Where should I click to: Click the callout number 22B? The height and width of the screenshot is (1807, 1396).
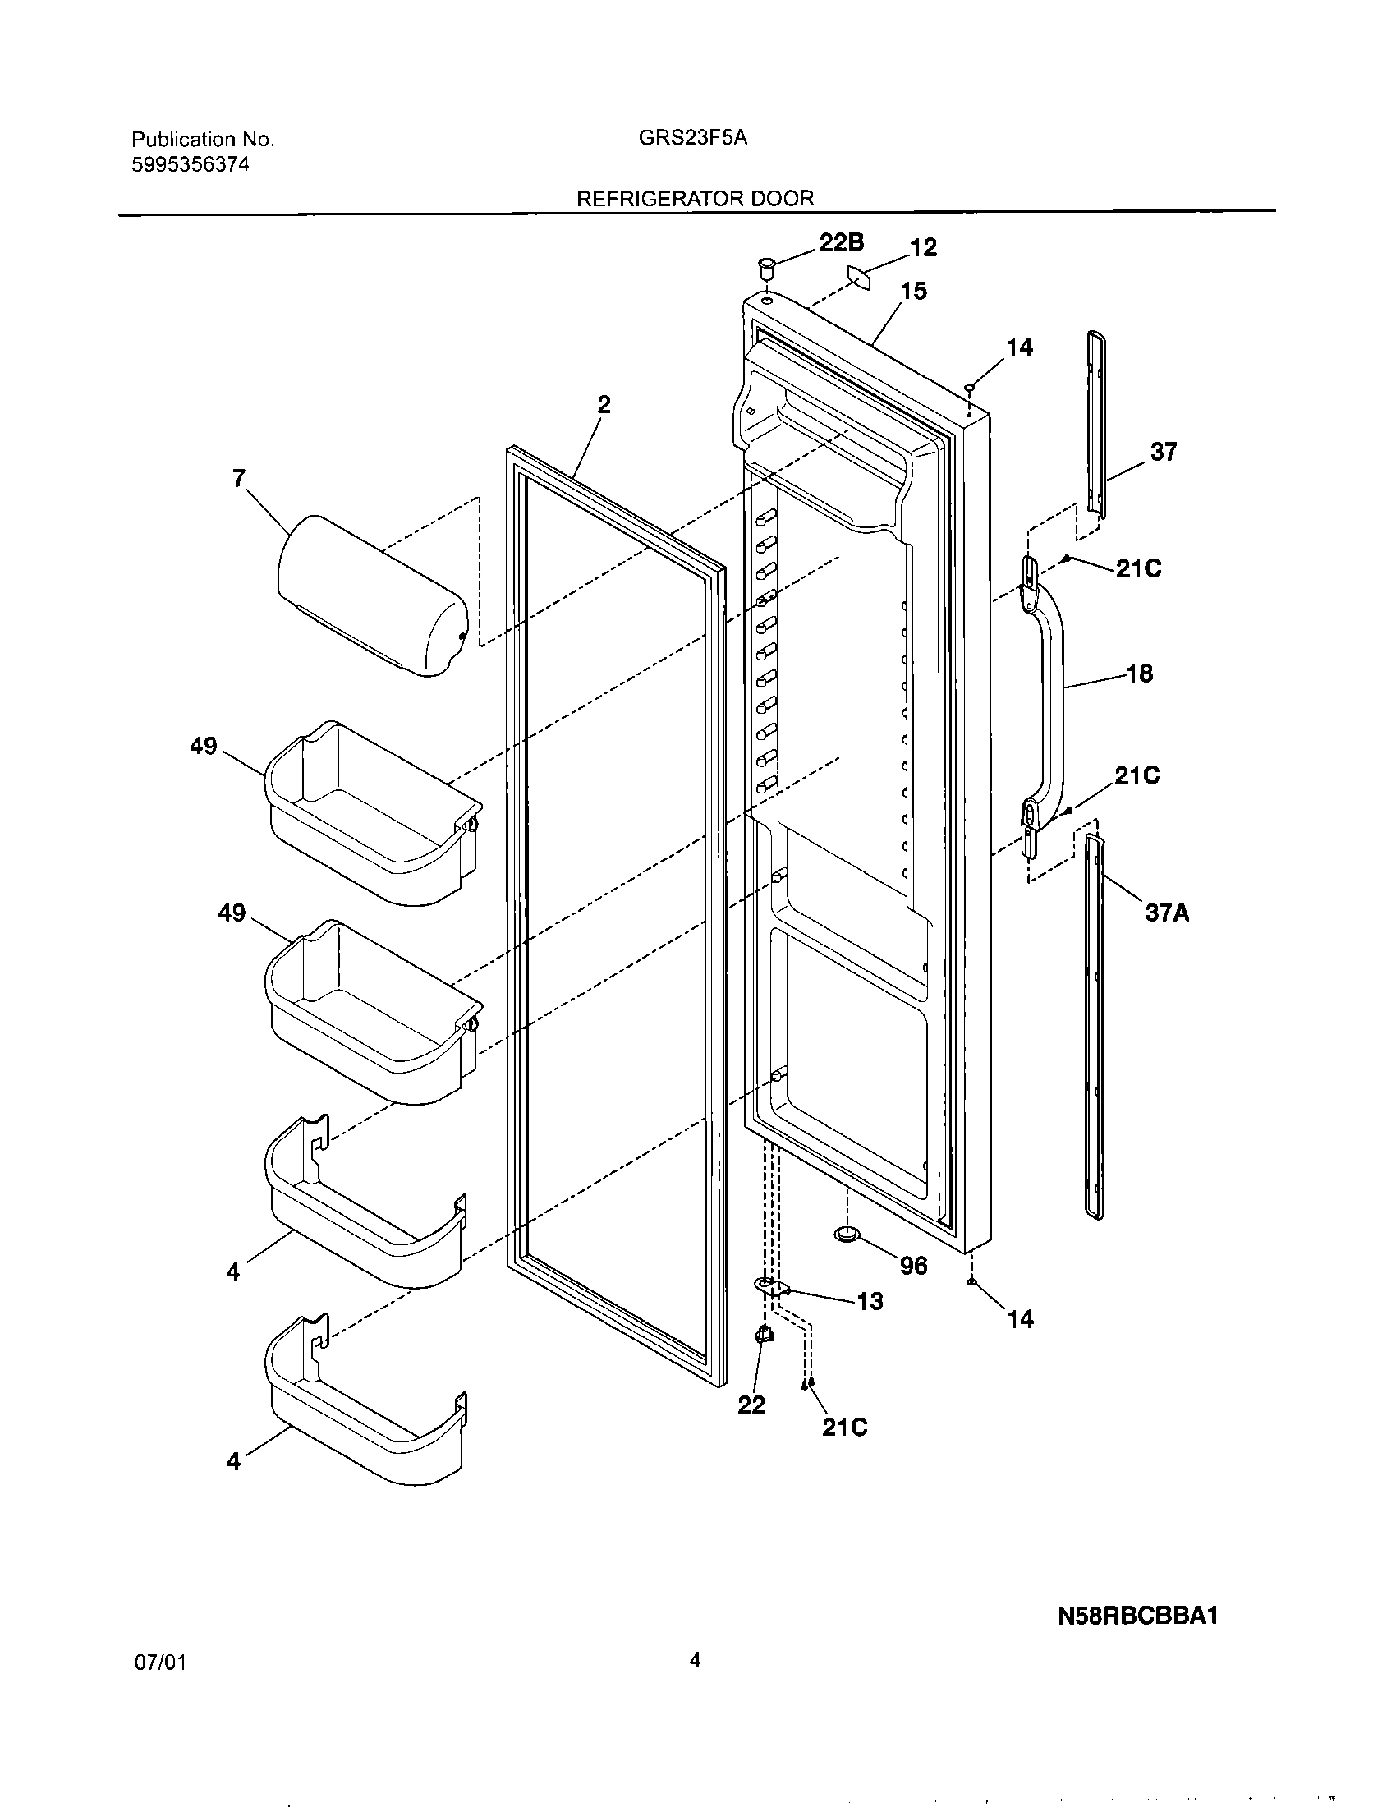tap(841, 242)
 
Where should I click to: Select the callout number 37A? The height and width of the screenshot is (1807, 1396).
tap(1167, 913)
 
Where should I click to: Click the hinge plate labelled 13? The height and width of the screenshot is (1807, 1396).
tap(772, 1285)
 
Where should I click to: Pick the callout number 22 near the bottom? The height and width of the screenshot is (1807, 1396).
tap(751, 1404)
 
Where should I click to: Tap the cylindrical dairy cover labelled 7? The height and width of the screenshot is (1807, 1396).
tap(372, 595)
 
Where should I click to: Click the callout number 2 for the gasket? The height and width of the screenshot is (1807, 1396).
tap(604, 405)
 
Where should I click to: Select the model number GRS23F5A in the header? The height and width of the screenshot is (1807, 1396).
tap(692, 138)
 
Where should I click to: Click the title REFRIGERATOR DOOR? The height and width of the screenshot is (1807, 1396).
tap(695, 199)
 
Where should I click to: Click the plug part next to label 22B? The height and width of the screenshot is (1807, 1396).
tap(765, 269)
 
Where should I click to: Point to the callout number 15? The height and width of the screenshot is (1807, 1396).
tap(913, 292)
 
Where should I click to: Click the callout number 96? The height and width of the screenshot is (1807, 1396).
tap(913, 1266)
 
